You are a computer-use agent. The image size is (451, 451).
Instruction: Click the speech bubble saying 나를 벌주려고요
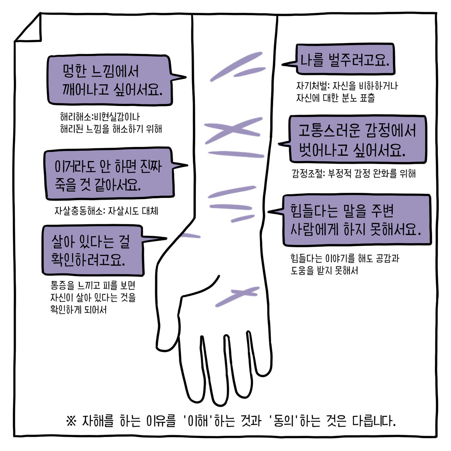point(345,59)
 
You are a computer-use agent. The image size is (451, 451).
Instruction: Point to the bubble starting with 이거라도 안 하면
point(109,174)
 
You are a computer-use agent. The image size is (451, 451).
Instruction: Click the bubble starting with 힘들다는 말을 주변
point(355,220)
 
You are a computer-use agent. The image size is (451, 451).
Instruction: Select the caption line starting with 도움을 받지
point(324,271)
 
